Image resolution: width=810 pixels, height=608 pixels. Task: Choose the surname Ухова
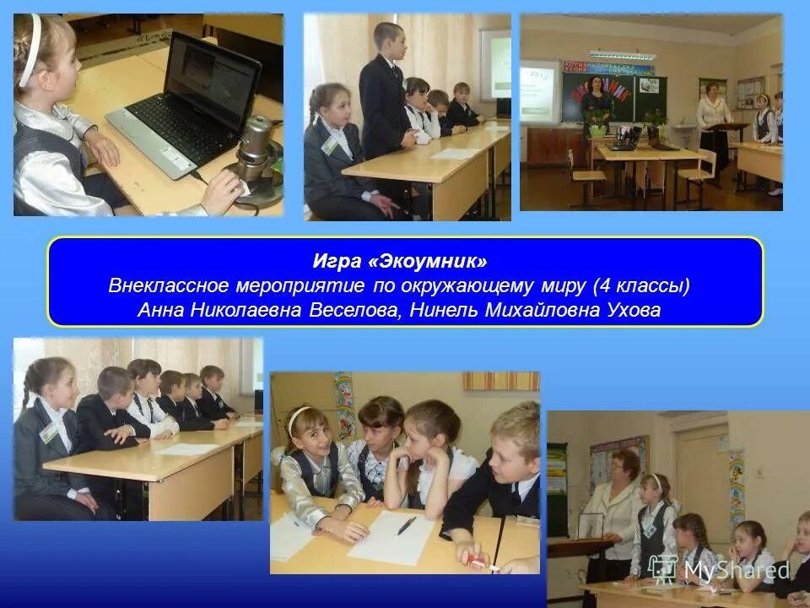pos(634,311)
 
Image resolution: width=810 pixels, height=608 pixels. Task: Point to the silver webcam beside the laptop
pos(256,152)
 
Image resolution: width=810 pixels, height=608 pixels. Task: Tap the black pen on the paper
pos(407,525)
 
